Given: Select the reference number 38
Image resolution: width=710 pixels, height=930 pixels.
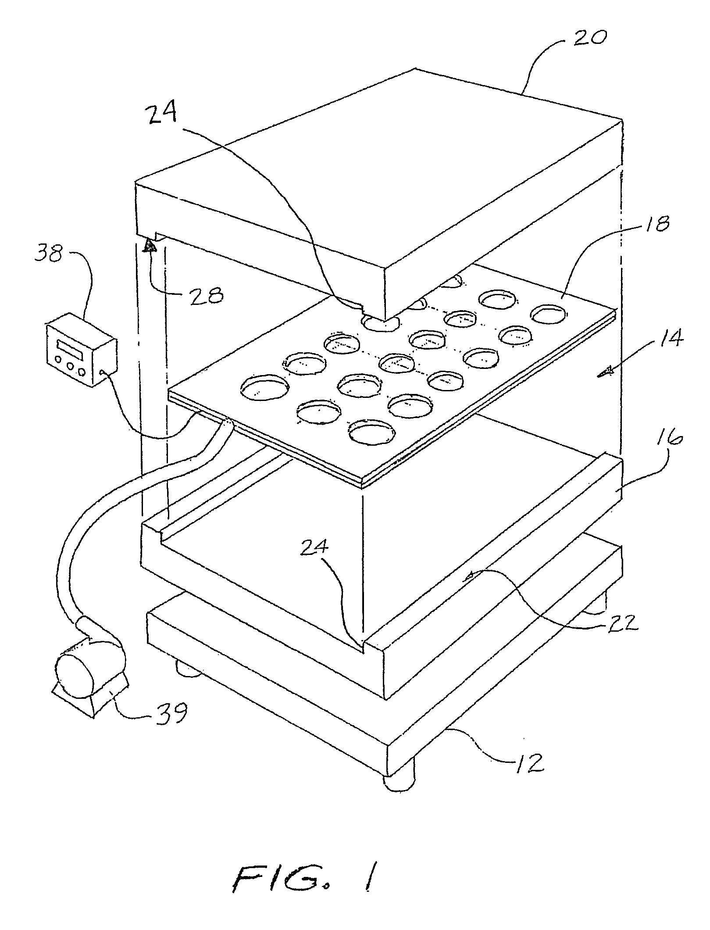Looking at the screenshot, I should point(50,254).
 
